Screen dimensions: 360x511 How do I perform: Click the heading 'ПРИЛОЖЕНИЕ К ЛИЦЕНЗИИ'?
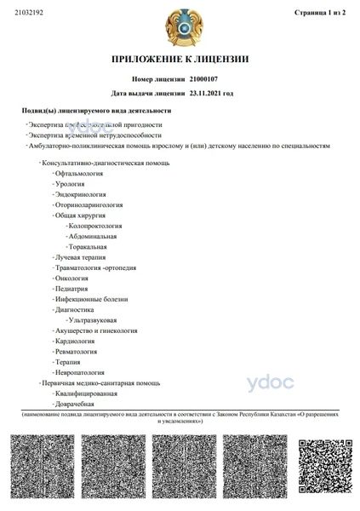[180, 59]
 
